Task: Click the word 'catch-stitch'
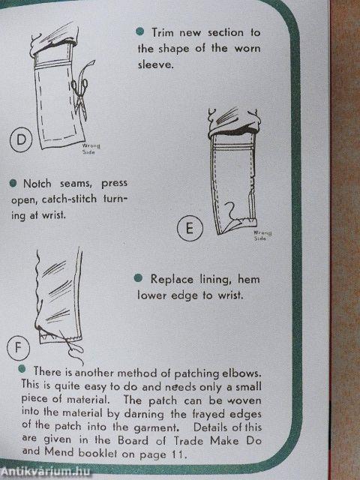(77, 199)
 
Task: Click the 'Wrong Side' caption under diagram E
(260, 235)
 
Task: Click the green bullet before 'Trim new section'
(139, 31)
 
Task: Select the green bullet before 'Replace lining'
(138, 277)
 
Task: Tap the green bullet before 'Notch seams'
(13, 182)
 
